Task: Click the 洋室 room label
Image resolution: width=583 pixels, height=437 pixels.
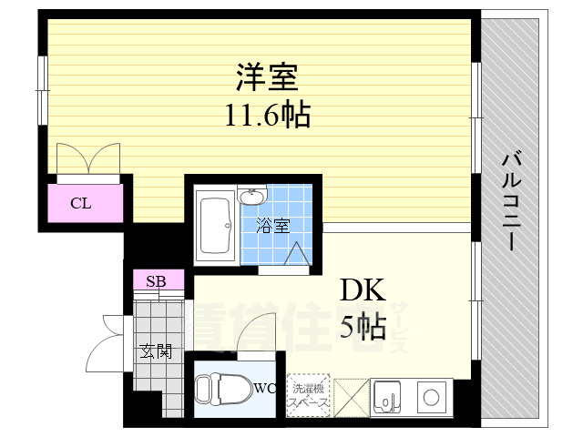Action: tap(268, 76)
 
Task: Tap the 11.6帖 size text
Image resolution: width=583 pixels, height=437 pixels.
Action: tap(268, 115)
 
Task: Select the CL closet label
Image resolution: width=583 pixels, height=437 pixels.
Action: tap(81, 203)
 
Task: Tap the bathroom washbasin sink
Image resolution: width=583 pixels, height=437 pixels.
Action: tap(251, 198)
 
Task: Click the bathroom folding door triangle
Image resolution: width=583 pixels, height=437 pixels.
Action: tap(297, 255)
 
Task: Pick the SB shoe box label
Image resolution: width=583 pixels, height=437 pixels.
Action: tap(156, 280)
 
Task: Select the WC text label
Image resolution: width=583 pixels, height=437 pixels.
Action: tap(265, 389)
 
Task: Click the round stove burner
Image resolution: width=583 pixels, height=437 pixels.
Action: tap(429, 397)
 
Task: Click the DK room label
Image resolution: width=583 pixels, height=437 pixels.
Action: tap(363, 290)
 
